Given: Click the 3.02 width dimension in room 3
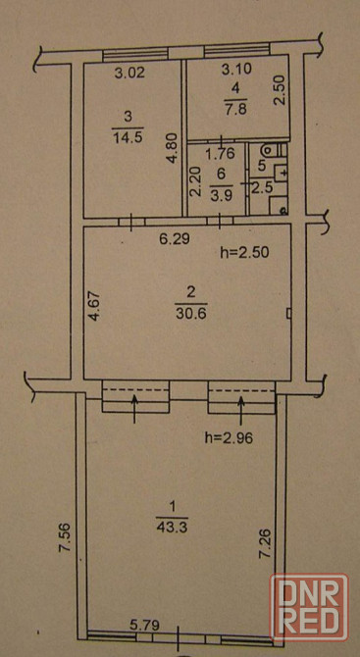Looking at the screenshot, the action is click(129, 74).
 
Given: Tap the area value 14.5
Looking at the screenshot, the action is click(128, 137).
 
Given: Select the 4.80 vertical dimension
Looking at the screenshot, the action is click(176, 147).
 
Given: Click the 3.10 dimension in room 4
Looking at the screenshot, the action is click(236, 70).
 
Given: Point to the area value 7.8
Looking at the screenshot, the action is click(236, 110).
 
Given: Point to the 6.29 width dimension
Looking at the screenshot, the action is click(176, 239).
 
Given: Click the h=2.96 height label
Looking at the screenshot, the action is click(230, 438).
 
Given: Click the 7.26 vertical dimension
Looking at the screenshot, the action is click(267, 545).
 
